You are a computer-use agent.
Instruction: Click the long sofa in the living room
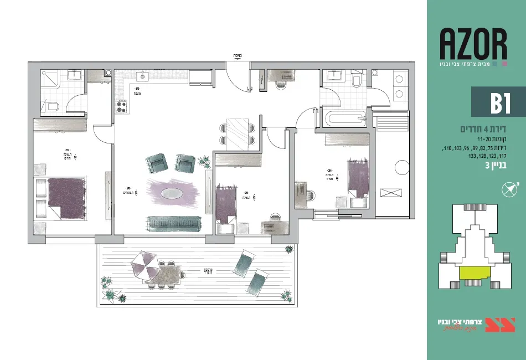pyautogui.click(x=173, y=223)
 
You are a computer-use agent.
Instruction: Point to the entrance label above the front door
pyautogui.click(x=238, y=56)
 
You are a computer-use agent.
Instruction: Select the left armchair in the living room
pyautogui.click(x=157, y=163)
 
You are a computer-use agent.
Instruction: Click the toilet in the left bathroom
pyautogui.click(x=53, y=106)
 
